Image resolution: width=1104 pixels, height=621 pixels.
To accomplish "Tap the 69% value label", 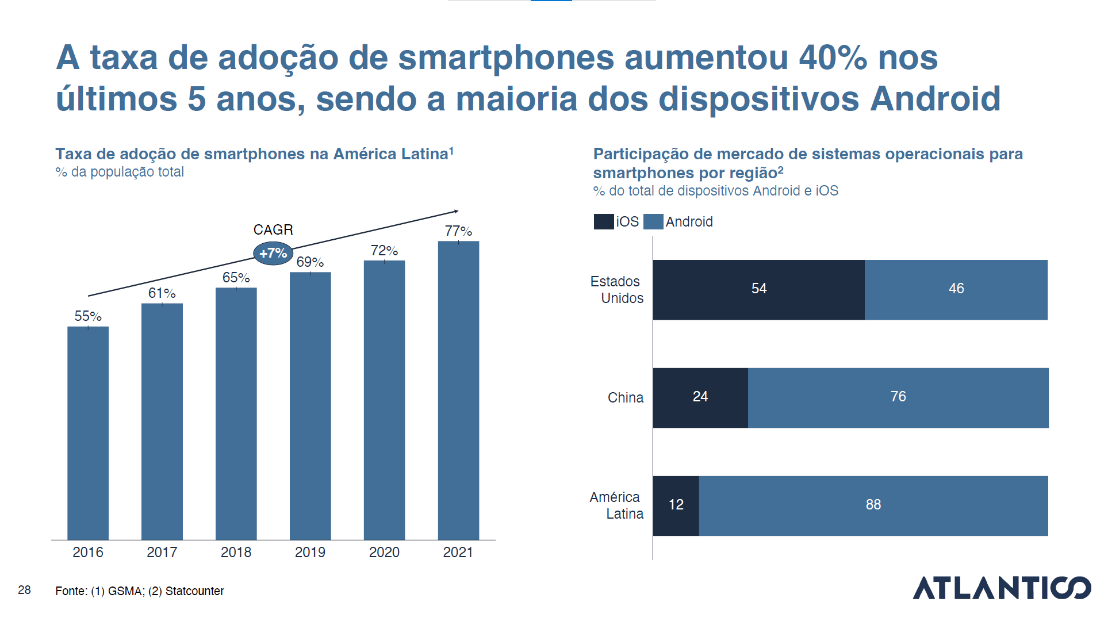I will point(310,262).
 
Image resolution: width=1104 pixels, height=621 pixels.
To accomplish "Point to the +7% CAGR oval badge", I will point(273,253).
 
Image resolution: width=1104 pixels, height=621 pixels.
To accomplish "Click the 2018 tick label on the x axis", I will point(236,553).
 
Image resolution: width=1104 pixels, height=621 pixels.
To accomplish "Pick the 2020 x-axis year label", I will point(384,553).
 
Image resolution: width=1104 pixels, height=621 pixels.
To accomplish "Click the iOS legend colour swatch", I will point(603,222).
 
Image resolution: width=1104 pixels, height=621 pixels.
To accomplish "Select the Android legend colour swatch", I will point(653,222).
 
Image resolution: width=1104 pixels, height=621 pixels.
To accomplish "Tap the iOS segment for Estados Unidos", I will point(758,290).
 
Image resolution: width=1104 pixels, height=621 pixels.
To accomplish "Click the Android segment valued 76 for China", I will point(898,398).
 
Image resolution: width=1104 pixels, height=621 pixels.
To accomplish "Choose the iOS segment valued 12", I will point(676,506).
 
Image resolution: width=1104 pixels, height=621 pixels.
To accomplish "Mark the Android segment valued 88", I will point(873,506).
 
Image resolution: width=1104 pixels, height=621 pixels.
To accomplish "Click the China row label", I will point(625,398).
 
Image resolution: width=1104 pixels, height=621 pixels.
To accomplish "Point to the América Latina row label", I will point(616,505).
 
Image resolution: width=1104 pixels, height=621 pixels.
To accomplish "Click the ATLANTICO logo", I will point(1002,588).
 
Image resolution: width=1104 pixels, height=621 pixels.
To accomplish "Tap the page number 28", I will point(24,590).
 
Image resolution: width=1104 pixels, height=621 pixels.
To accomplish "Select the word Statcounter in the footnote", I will point(194,591).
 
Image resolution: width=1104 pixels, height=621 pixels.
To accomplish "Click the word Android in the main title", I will point(935,99).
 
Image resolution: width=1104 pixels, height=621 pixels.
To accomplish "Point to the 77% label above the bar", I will point(458,231).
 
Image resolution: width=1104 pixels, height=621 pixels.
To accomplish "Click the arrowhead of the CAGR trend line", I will point(456,212).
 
